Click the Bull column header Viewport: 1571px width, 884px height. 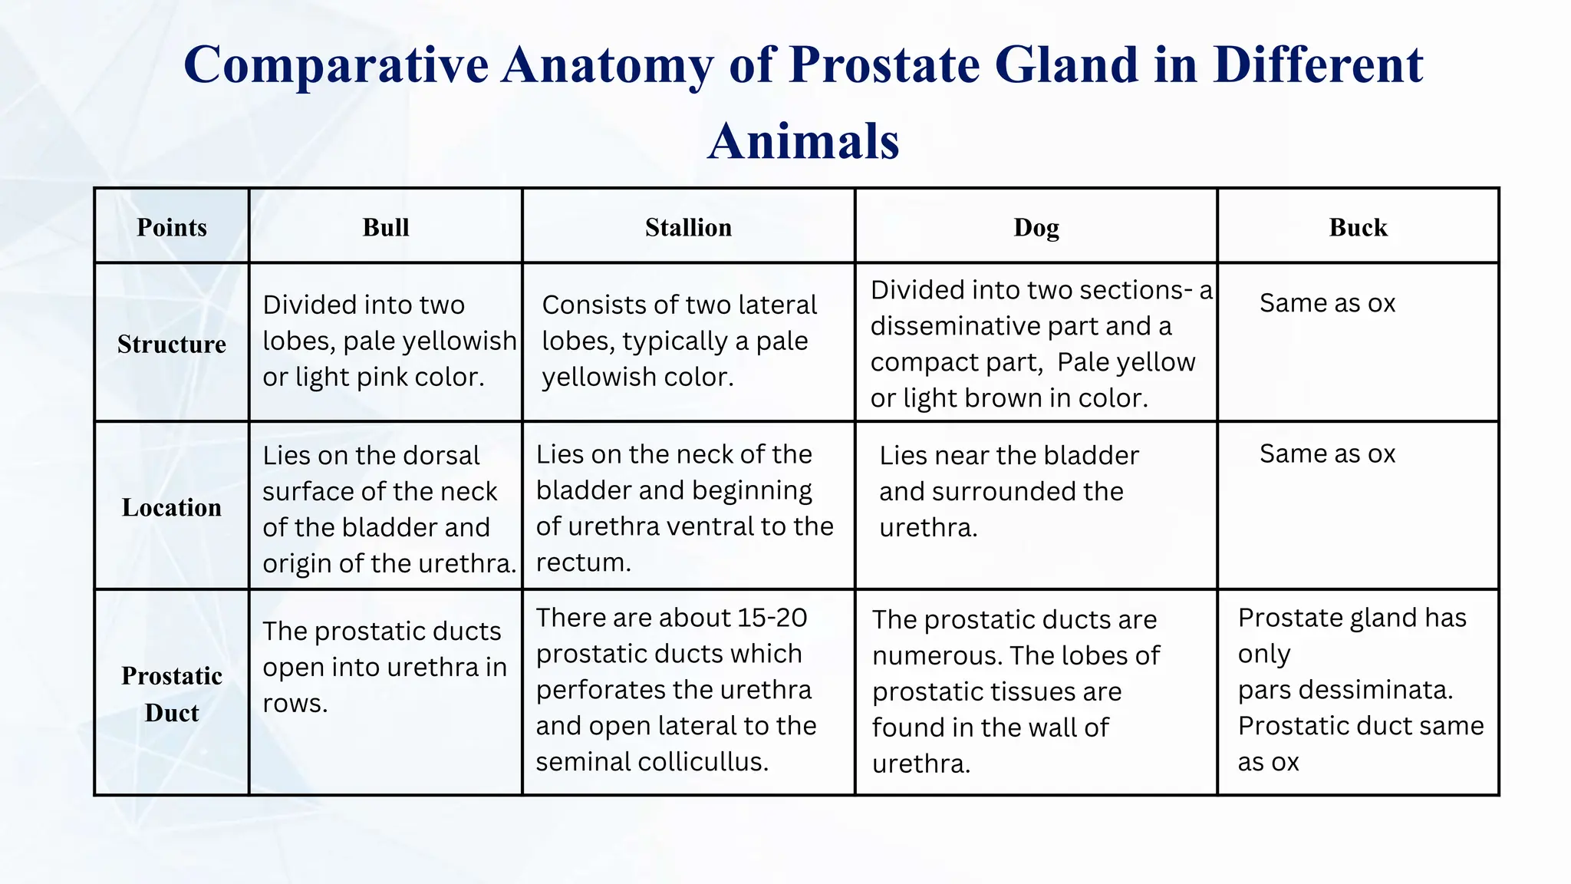pos(386,228)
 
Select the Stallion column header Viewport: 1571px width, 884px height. pos(688,228)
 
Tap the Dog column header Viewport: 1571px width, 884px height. pos(1036,228)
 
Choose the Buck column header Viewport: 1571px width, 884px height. pos(1358,228)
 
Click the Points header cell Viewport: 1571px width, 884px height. pos(172,228)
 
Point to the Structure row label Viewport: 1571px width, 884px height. pos(172,345)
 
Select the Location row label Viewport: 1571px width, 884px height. pos(172,508)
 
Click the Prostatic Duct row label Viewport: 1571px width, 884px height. pos(172,694)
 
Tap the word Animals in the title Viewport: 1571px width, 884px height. pos(803,142)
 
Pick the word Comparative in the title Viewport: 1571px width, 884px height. pos(336,64)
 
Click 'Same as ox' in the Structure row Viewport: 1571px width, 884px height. pos(1327,304)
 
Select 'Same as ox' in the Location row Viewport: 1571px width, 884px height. pos(1327,454)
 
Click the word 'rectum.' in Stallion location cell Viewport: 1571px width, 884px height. pos(583,563)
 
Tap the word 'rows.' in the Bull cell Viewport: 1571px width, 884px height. pos(295,704)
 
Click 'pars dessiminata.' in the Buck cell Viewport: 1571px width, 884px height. pos(1345,691)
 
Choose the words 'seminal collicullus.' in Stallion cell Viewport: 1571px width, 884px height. pos(652,763)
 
